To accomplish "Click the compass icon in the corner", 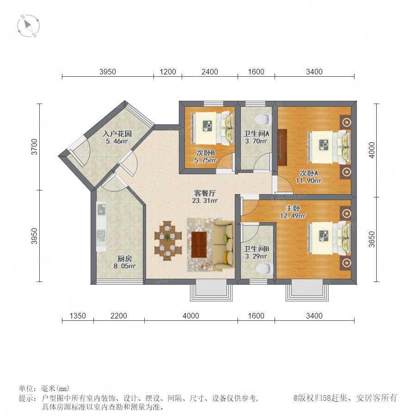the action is point(28,26).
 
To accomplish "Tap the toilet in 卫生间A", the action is point(263,119).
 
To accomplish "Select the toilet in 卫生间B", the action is point(265,269).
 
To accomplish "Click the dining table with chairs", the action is point(168,241).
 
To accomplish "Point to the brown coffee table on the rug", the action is point(199,245).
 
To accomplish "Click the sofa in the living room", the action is point(223,245).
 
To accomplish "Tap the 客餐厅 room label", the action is point(205,193).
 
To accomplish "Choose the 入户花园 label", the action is point(117,134).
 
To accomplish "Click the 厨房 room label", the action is point(125,258).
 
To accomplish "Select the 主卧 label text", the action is point(293,208).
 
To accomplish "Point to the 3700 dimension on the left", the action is point(35,147).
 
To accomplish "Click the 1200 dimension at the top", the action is point(168,72).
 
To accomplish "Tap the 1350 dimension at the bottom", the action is point(78,316).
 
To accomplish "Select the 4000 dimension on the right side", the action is point(372,150).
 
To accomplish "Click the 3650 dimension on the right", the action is point(372,239).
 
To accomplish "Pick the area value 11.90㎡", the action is point(309,181).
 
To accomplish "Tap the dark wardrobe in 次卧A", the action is point(282,147).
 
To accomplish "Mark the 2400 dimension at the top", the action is point(209,72).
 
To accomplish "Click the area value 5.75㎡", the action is point(205,160).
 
